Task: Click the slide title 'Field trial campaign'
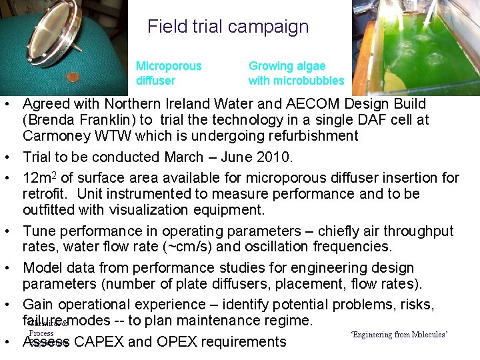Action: click(228, 27)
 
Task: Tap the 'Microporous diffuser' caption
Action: click(168, 73)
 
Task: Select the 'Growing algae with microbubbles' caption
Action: click(296, 73)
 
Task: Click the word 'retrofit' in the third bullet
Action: click(46, 194)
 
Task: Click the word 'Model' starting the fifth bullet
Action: click(41, 268)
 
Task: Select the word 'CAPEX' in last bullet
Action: click(100, 342)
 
